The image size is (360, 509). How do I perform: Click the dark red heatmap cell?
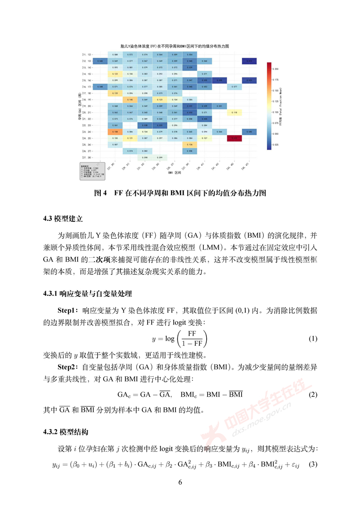point(235,138)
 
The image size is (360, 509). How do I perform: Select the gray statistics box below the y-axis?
point(93,170)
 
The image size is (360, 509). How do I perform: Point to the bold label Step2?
point(68,367)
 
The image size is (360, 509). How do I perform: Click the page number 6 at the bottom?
point(180,482)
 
